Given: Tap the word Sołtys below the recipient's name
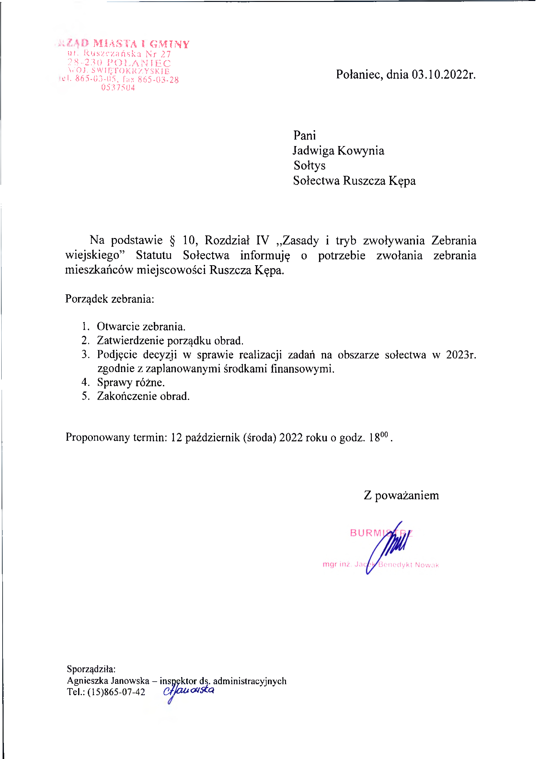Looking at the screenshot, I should pyautogui.click(x=309, y=165).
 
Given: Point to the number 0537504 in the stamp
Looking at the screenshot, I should pyautogui.click(x=118, y=87).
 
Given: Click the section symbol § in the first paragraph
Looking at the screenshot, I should pyautogui.click(x=172, y=240).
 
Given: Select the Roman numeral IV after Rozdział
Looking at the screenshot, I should pyautogui.click(x=262, y=240).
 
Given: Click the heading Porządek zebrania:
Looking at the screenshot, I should pyautogui.click(x=109, y=299).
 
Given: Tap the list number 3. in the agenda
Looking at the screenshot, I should pyautogui.click(x=86, y=354).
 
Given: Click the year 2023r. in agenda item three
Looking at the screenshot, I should pyautogui.click(x=461, y=355).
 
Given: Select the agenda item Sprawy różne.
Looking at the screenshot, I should pyautogui.click(x=131, y=382).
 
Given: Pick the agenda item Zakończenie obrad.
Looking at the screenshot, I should pyautogui.click(x=143, y=396).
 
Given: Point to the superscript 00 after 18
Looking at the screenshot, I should pyautogui.click(x=383, y=434).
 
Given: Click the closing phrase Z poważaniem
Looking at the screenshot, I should pyautogui.click(x=401, y=495).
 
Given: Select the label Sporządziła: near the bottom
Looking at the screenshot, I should pyautogui.click(x=91, y=669).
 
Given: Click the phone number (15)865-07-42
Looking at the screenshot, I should pyautogui.click(x=116, y=692).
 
